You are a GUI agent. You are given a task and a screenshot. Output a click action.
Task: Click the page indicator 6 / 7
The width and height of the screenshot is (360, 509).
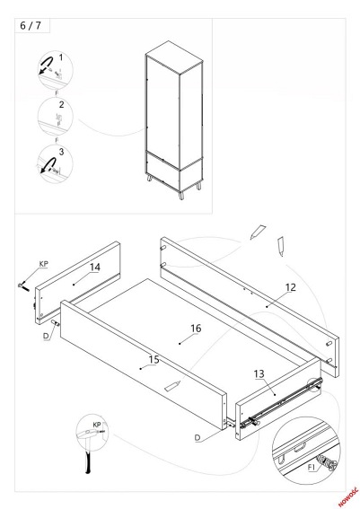(x=31, y=26)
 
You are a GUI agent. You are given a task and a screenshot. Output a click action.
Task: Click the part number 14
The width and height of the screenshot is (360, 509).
(x=95, y=268)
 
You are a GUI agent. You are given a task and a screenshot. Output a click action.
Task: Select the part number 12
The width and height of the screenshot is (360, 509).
(x=291, y=287)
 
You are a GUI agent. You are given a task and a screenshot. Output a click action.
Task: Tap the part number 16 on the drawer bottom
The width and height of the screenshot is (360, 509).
(x=196, y=329)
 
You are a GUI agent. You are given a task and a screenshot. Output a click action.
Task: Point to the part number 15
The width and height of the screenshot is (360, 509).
(x=154, y=360)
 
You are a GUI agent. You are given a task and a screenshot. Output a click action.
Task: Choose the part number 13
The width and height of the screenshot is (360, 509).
(x=259, y=374)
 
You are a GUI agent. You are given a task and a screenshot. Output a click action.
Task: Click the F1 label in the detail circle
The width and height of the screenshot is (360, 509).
(x=312, y=468)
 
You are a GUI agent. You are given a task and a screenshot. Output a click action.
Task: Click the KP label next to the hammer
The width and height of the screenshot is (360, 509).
(x=97, y=425)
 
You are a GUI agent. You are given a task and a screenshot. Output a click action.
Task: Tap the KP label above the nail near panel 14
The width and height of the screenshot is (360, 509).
(x=43, y=264)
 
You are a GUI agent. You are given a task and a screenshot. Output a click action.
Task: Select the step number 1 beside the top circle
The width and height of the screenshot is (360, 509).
(x=61, y=57)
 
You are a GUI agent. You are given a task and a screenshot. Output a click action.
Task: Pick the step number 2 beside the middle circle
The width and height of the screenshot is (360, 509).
(x=61, y=104)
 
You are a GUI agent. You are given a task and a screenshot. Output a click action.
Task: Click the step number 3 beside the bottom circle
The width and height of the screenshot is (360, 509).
(x=61, y=152)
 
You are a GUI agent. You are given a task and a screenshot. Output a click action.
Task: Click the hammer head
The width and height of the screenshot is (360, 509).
(x=88, y=432)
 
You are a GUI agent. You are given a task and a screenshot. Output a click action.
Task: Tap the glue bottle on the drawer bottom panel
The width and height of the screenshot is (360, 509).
(x=172, y=386)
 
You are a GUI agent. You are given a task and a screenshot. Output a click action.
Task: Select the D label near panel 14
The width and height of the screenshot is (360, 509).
(x=46, y=336)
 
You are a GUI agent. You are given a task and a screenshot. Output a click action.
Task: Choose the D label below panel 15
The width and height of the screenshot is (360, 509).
(x=198, y=437)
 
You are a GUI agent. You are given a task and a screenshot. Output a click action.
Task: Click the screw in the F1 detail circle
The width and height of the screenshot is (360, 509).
(x=327, y=461)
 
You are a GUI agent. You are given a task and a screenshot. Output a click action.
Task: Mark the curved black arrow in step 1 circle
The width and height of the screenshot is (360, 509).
(x=46, y=64)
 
